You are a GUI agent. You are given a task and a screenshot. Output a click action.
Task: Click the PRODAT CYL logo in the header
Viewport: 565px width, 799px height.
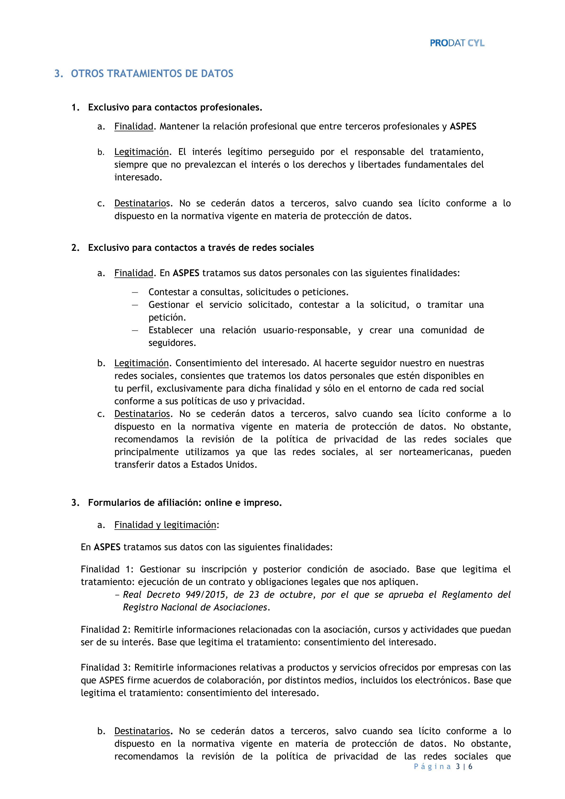[457, 43]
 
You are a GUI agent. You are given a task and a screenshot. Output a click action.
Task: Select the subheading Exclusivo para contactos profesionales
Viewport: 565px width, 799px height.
[175, 108]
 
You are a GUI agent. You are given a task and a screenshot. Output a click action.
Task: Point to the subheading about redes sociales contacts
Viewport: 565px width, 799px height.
[201, 248]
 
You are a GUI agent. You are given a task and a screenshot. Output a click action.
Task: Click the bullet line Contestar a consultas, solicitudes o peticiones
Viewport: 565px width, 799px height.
[248, 292]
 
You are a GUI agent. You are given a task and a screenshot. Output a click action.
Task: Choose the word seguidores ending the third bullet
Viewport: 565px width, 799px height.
[172, 343]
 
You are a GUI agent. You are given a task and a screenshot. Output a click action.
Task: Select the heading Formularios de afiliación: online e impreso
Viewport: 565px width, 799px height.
[185, 503]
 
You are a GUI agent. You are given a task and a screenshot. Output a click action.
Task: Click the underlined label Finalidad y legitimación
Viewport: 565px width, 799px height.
[165, 525]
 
